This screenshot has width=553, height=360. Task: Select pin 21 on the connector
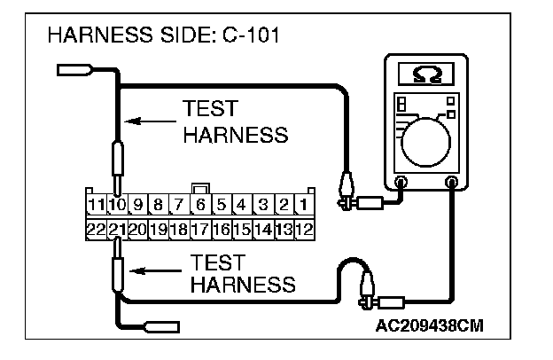117,229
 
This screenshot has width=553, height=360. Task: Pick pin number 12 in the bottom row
303,229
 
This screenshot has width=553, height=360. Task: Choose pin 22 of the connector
97,229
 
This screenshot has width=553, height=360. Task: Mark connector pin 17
200,229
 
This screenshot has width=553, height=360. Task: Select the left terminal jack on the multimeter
400,184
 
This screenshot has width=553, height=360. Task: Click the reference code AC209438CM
430,325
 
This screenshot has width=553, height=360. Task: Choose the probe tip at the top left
73,68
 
